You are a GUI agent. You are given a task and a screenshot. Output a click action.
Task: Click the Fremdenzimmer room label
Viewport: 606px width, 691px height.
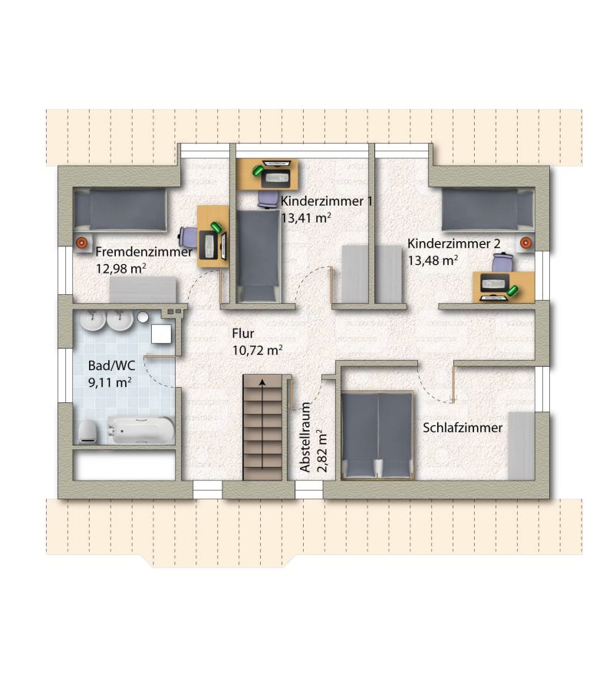click(x=144, y=252)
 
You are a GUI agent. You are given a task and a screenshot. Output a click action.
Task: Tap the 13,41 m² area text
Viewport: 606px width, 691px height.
click(x=306, y=218)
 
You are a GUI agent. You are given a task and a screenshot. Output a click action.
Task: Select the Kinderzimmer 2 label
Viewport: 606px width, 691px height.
click(x=454, y=243)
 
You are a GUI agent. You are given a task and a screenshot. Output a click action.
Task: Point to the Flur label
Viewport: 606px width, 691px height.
click(x=243, y=333)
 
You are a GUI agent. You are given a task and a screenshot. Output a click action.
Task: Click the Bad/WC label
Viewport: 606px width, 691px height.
click(x=111, y=365)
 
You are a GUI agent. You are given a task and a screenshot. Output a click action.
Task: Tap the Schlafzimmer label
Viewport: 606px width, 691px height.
click(x=463, y=428)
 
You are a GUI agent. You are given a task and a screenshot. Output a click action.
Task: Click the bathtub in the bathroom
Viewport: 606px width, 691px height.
click(x=141, y=430)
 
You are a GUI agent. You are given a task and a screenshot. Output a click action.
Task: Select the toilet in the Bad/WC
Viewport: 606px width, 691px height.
click(x=88, y=431)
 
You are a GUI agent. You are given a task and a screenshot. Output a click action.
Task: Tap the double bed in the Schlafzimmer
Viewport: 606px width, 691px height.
click(x=377, y=435)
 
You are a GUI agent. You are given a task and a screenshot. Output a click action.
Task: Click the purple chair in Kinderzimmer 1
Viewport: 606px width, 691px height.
click(x=267, y=199)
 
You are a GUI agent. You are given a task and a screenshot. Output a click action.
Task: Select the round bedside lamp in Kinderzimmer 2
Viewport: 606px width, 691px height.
click(x=525, y=243)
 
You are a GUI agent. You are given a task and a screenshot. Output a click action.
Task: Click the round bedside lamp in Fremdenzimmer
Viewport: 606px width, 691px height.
click(x=81, y=243)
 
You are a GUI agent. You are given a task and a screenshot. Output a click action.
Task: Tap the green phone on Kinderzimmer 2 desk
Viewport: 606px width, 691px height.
click(x=512, y=290)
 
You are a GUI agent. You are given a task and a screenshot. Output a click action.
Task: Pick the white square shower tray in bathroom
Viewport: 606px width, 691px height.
click(x=161, y=334)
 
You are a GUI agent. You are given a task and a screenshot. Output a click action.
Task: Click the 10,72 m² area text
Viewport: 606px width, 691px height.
click(x=257, y=350)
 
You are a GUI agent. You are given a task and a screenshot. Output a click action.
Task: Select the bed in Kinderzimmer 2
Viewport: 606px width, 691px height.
click(x=488, y=210)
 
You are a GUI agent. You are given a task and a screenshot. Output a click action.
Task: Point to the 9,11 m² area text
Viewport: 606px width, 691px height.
click(x=110, y=382)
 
